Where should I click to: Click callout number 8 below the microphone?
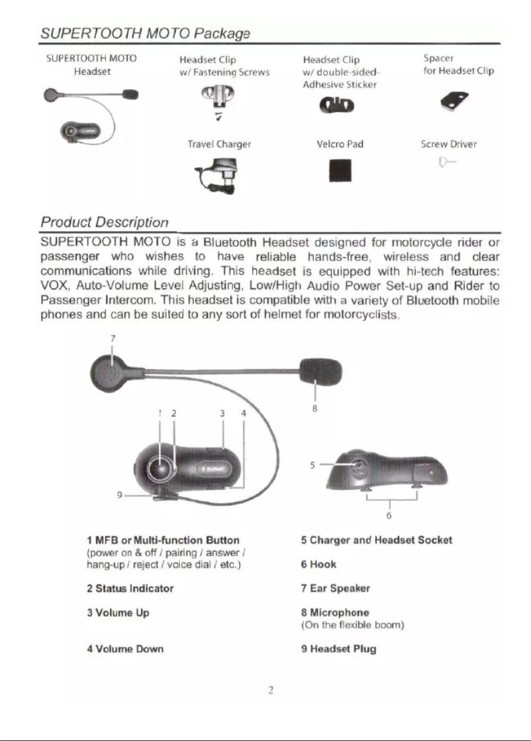coord(316,409)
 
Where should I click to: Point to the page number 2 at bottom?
coord(271,689)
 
